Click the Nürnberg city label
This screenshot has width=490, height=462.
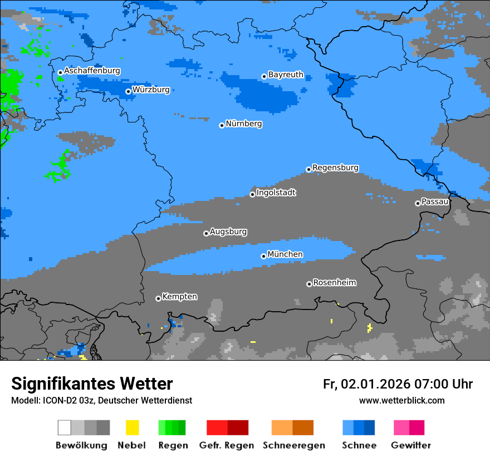click(243, 124)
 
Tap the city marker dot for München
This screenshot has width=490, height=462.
click(263, 256)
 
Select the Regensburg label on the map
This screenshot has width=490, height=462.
click(335, 168)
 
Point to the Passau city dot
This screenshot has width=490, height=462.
click(418, 203)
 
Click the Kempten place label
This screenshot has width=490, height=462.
click(179, 297)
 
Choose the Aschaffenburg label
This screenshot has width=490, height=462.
click(92, 71)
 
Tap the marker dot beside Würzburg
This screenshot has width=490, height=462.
click(128, 91)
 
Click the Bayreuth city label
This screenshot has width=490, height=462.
click(286, 75)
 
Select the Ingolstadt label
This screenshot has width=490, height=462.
click(276, 193)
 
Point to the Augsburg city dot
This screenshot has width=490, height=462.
click(206, 233)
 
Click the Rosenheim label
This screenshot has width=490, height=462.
click(334, 283)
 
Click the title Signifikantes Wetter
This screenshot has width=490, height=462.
click(92, 384)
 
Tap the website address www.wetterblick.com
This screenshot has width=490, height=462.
click(401, 401)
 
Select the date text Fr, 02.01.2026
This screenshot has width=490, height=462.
click(366, 384)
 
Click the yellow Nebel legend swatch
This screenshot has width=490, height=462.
click(132, 427)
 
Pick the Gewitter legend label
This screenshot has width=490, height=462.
click(410, 445)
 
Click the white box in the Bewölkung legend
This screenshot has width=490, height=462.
click(65, 427)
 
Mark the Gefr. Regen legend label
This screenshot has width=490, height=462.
click(226, 445)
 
